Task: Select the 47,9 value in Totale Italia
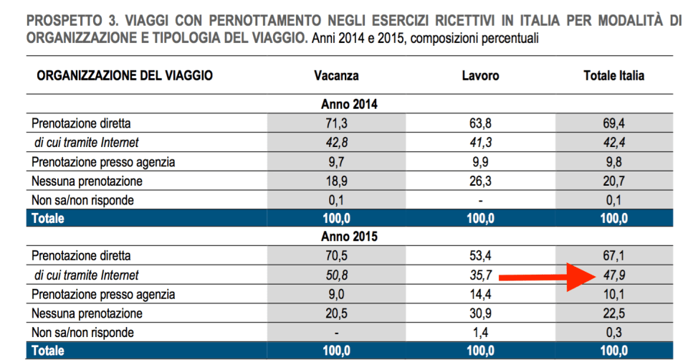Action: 614,275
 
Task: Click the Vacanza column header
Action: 336,75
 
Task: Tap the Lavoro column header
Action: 481,75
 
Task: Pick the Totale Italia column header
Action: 614,75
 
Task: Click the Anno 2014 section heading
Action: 349,104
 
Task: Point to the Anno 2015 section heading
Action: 349,236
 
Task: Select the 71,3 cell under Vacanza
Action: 336,123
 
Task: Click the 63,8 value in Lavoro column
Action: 481,123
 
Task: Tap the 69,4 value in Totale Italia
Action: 614,123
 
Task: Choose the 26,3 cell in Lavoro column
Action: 481,181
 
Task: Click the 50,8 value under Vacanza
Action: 336,275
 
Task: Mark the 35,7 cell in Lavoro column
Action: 481,275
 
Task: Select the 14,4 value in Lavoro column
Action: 481,294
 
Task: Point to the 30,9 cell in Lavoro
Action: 481,313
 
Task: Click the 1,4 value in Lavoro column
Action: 481,332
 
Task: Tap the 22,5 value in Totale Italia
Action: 614,313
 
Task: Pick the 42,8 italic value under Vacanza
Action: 336,143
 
